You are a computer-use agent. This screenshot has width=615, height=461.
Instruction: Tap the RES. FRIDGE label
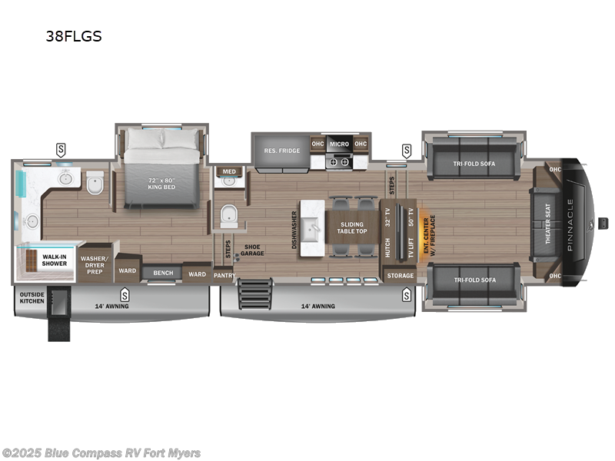point(281,150)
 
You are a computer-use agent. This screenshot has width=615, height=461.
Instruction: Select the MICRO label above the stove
point(340,144)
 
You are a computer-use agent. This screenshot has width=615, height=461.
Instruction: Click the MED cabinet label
point(228,171)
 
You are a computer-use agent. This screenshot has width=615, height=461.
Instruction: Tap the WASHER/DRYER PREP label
point(95,265)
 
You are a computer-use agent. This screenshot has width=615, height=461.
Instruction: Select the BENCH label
point(162,273)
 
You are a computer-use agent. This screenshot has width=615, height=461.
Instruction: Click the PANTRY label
point(224,274)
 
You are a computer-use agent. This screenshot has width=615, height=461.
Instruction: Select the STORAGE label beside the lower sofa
point(400,275)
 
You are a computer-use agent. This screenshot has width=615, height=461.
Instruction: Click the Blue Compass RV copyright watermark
point(101,453)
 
